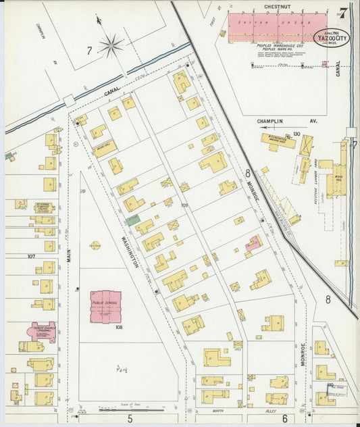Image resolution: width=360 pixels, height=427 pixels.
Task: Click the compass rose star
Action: point(111,46)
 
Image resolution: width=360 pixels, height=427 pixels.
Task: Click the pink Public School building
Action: point(106,307)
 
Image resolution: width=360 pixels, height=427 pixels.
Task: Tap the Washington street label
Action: point(130,251)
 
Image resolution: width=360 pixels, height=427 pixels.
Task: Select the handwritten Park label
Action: point(122,370)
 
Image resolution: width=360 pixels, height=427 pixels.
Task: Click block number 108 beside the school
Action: point(118,328)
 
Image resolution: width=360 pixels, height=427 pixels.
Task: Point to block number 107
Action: point(31,256)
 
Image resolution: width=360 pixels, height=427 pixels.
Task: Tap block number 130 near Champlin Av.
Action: point(296,134)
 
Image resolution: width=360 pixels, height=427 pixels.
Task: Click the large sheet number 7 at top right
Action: point(344,12)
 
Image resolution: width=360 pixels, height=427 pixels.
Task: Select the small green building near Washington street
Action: point(133,220)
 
